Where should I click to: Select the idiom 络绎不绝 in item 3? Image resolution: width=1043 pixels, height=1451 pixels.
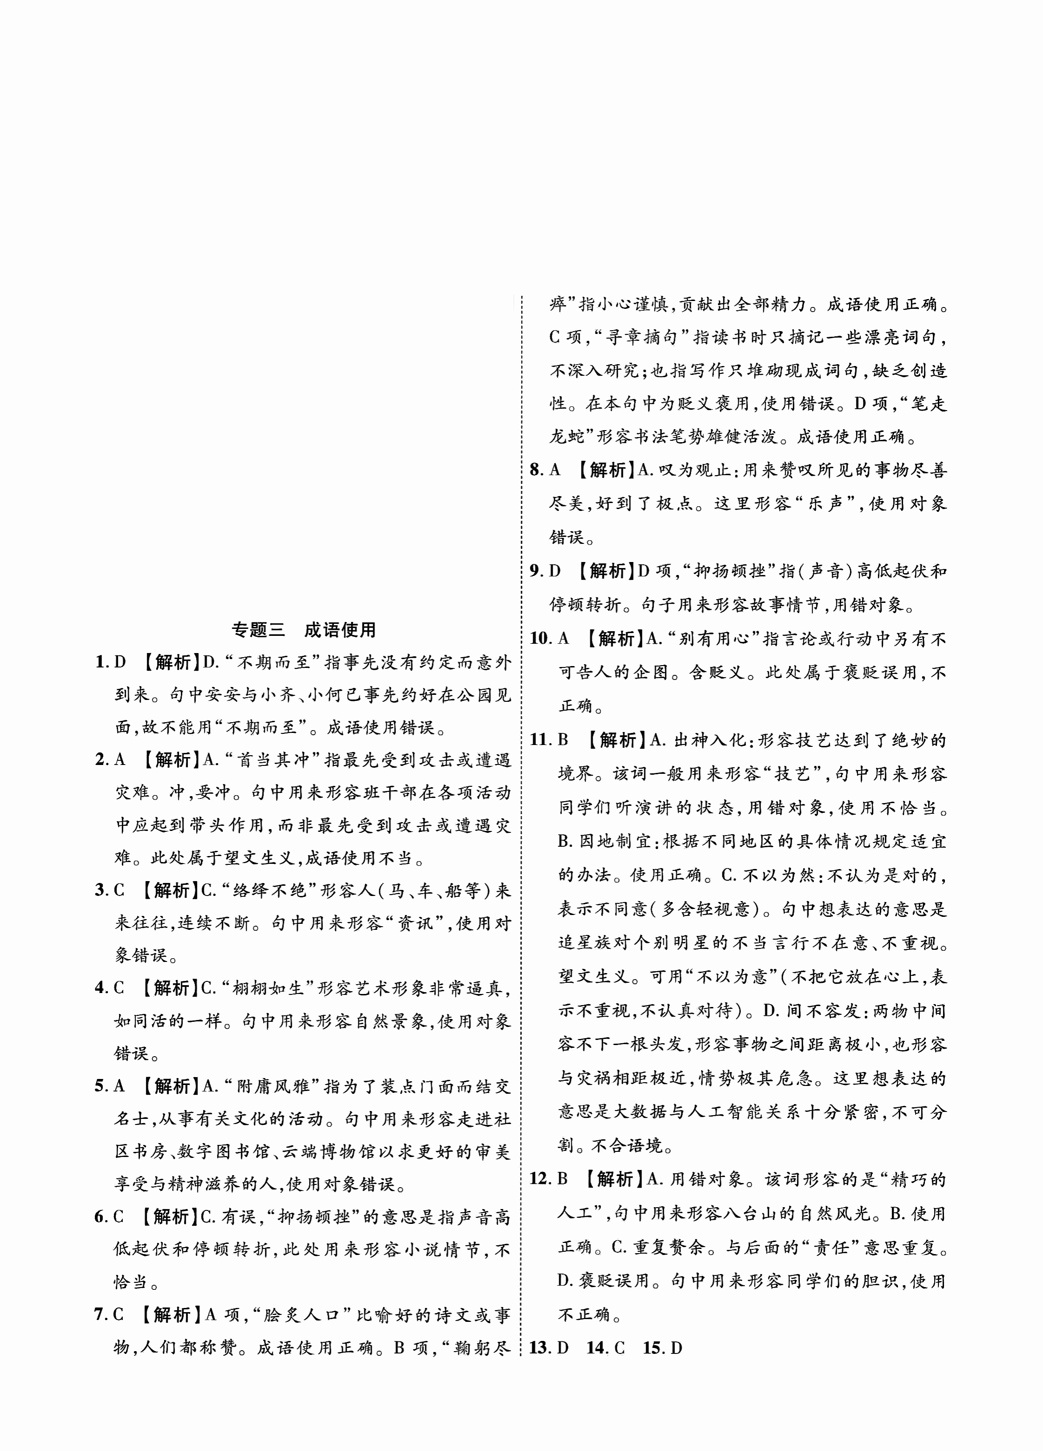[273, 890]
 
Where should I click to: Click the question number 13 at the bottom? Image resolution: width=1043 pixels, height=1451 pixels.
[540, 1347]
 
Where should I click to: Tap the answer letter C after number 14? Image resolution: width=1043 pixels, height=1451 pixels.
[619, 1347]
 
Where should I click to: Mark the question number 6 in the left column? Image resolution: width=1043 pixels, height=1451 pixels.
[100, 1217]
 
